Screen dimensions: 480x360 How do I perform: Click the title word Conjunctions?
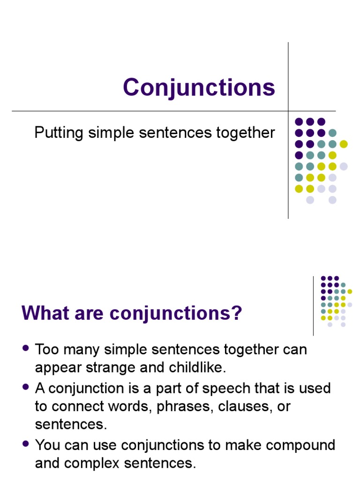(199, 87)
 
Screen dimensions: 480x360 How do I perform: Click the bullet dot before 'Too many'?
(26, 349)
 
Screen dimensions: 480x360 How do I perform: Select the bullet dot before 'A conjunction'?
(26, 387)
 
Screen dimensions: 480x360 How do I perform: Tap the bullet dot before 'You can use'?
(26, 444)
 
